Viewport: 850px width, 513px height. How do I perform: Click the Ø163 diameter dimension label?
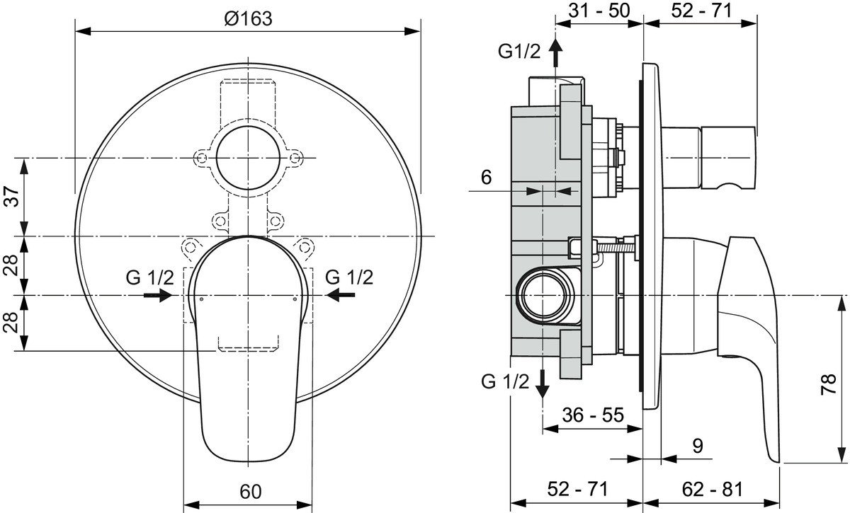[248, 18]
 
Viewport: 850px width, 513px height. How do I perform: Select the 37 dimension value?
[12, 197]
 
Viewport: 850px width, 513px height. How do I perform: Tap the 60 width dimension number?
[251, 492]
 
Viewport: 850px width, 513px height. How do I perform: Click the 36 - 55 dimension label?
[593, 415]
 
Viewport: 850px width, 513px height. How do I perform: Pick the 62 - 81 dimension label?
[712, 489]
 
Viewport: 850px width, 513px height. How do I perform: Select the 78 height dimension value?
[829, 384]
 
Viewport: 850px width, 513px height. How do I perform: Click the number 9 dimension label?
[698, 446]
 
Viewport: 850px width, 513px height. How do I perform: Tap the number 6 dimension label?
[486, 177]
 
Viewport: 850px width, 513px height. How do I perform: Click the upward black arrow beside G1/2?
[556, 52]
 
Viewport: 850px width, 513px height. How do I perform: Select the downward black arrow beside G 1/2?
[543, 384]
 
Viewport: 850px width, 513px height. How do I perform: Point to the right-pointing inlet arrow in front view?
[158, 294]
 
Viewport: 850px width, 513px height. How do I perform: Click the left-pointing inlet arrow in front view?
[341, 294]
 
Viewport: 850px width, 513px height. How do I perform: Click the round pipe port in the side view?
[545, 295]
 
